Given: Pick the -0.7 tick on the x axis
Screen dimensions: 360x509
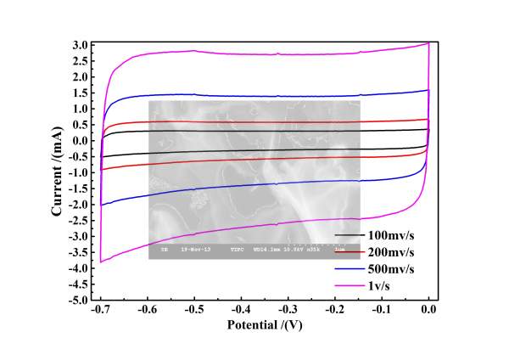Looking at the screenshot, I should (x=100, y=311).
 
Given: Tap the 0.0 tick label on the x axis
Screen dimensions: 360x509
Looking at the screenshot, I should (x=429, y=311).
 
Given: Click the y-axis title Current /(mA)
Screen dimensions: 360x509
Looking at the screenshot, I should (x=57, y=172).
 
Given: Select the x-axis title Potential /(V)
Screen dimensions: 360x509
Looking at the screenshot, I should (x=265, y=325).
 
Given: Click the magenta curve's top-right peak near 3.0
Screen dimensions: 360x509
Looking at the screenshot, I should (x=428, y=43).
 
